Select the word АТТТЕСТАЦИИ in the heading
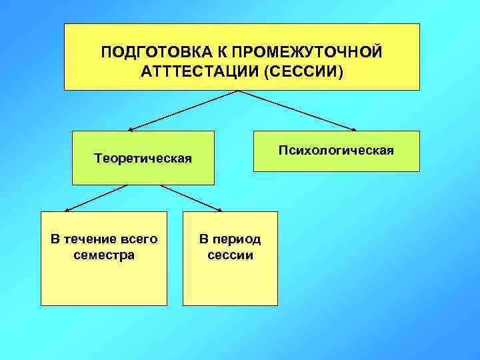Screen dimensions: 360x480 point(201,71)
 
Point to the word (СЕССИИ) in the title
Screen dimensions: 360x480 point(304,71)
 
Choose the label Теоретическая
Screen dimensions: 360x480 point(143,159)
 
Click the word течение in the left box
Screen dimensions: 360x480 point(89,239)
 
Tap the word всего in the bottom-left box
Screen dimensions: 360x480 point(139,239)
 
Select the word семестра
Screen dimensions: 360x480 point(104,255)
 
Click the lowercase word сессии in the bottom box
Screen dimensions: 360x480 point(230,255)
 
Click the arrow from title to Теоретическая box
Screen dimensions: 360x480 point(183,110)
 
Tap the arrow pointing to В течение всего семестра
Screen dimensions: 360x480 point(96,197)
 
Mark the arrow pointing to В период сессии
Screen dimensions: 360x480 point(191,197)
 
